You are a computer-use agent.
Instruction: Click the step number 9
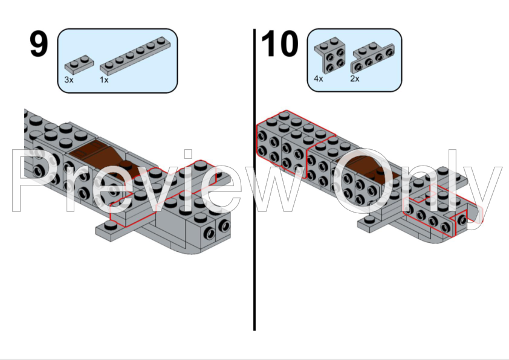pyautogui.click(x=39, y=44)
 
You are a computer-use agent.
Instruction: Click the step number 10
pyautogui.click(x=279, y=43)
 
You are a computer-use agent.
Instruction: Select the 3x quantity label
pyautogui.click(x=69, y=80)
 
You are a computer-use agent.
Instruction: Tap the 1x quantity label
pyautogui.click(x=104, y=80)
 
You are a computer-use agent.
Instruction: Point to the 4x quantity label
pyautogui.click(x=319, y=79)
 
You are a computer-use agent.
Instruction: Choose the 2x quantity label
pyautogui.click(x=355, y=79)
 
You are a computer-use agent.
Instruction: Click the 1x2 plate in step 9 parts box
pyautogui.click(x=79, y=64)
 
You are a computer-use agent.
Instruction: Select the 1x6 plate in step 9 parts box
pyautogui.click(x=135, y=56)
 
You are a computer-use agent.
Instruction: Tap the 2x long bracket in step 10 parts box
pyautogui.click(x=372, y=58)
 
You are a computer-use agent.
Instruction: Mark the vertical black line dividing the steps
pyautogui.click(x=254, y=179)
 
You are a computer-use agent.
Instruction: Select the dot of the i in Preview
pyautogui.click(x=188, y=154)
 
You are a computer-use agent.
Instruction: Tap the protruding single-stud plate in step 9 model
pyautogui.click(x=110, y=230)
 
